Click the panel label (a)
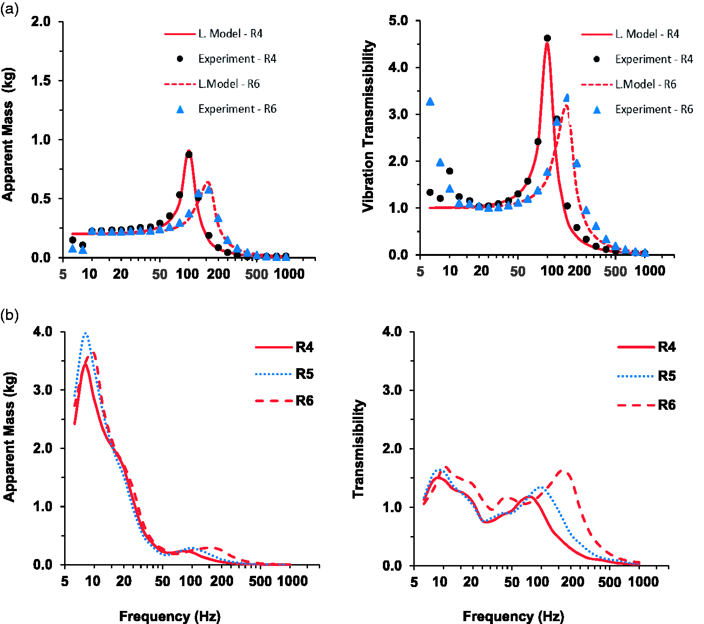(9, 9)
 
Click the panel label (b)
(9, 315)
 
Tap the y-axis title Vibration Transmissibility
(368, 126)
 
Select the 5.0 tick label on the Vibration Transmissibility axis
(398, 21)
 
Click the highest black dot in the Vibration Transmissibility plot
(547, 38)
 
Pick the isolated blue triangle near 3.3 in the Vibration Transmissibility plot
(430, 102)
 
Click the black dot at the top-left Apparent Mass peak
(189, 154)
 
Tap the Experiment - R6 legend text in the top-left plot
(237, 109)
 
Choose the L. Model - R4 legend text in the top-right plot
(647, 34)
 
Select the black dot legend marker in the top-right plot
(597, 59)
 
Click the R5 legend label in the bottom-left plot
(304, 374)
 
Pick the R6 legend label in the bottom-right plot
(667, 405)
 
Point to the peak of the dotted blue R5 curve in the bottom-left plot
(86, 334)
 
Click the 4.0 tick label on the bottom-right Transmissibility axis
(392, 332)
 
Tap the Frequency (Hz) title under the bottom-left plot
(170, 616)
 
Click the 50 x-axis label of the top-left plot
(160, 274)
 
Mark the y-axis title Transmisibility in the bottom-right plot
(359, 449)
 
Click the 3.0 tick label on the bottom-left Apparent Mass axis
(43, 390)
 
